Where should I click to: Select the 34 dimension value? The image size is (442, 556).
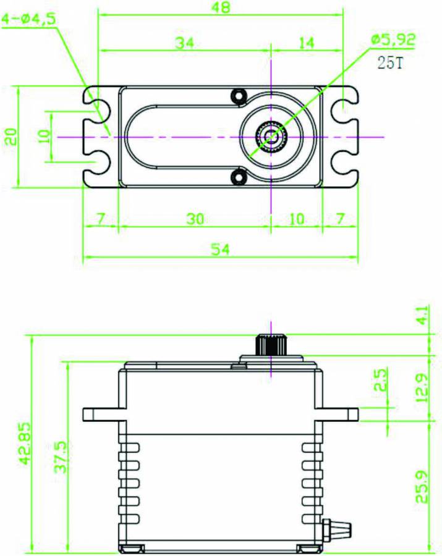pyautogui.click(x=185, y=43)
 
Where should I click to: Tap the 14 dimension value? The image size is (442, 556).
pyautogui.click(x=306, y=43)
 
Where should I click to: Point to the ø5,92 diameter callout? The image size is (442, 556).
pyautogui.click(x=393, y=39)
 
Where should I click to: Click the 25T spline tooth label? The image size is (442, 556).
pyautogui.click(x=390, y=63)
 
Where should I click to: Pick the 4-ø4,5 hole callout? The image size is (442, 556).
pyautogui.click(x=29, y=19)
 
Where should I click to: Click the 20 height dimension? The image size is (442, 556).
pyautogui.click(x=11, y=137)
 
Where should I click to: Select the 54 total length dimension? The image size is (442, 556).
pyautogui.click(x=221, y=250)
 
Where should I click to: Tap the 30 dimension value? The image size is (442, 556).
pyautogui.click(x=195, y=219)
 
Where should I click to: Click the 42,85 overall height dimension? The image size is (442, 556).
pyautogui.click(x=25, y=443)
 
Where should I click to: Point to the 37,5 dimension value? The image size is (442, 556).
pyautogui.click(x=61, y=457)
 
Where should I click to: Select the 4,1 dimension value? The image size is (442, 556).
pyautogui.click(x=423, y=315)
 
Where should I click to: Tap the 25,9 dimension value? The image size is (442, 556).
pyautogui.click(x=422, y=487)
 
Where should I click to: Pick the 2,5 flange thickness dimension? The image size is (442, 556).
pyautogui.click(x=380, y=379)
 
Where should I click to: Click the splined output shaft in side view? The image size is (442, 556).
pyautogui.click(x=271, y=345)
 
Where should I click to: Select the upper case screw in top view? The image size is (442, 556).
pyautogui.click(x=239, y=95)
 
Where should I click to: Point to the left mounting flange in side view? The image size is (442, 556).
pyautogui.click(x=104, y=414)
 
